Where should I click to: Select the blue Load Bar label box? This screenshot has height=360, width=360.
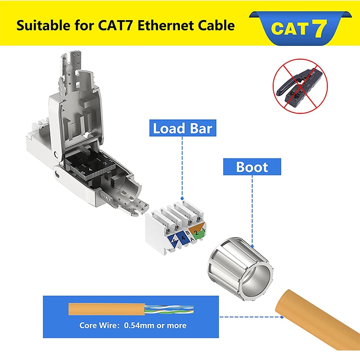(182, 128)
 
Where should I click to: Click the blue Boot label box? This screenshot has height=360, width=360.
(252, 167)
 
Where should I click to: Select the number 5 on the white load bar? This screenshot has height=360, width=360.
(174, 241)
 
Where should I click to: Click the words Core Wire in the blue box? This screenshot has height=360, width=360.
(94, 325)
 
